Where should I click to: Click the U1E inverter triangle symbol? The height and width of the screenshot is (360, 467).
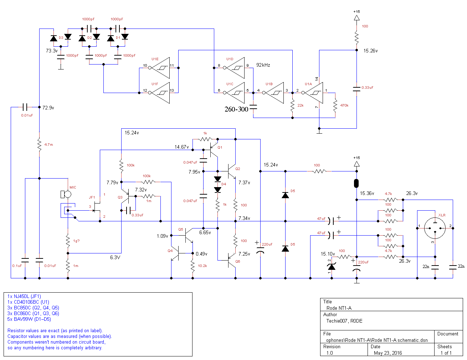[160, 68]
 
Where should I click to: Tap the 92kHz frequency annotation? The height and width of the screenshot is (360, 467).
[263, 65]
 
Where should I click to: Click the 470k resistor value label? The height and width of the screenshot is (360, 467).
[344, 105]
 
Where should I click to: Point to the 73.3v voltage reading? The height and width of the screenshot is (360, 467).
[52, 51]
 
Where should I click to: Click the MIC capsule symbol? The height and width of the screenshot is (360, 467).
[66, 194]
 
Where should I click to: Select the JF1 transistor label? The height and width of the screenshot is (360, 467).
[92, 197]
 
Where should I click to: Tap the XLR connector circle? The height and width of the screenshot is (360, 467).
[435, 228]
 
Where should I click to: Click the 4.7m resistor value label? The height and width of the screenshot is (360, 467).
[48, 145]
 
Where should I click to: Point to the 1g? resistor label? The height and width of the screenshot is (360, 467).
[76, 241]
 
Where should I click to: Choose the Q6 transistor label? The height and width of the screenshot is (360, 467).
[238, 261]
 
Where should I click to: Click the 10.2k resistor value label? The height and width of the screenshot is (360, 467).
[202, 266]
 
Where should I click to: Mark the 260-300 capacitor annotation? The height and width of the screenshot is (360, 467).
[236, 109]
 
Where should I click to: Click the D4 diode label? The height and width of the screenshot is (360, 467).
[224, 184]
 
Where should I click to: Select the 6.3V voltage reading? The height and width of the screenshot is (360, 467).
[115, 257]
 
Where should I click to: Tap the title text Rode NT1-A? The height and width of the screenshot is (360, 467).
[339, 308]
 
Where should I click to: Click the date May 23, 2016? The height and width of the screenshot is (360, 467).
[388, 353]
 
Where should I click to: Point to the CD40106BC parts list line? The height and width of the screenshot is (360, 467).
[28, 302]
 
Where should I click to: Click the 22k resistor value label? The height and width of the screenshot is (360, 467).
[301, 105]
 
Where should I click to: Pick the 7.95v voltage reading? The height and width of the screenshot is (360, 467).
[194, 172]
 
